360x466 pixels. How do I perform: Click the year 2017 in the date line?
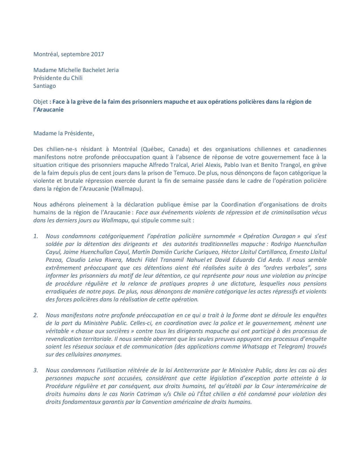tap(97, 54)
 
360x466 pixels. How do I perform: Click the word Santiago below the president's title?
tap(45, 86)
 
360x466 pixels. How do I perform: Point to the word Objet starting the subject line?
tap(40, 102)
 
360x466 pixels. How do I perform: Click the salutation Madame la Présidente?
tap(64, 133)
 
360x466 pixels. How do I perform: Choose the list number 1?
tap(36, 236)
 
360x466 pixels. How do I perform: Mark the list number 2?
tap(36, 315)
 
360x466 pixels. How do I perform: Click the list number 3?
tap(36, 370)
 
